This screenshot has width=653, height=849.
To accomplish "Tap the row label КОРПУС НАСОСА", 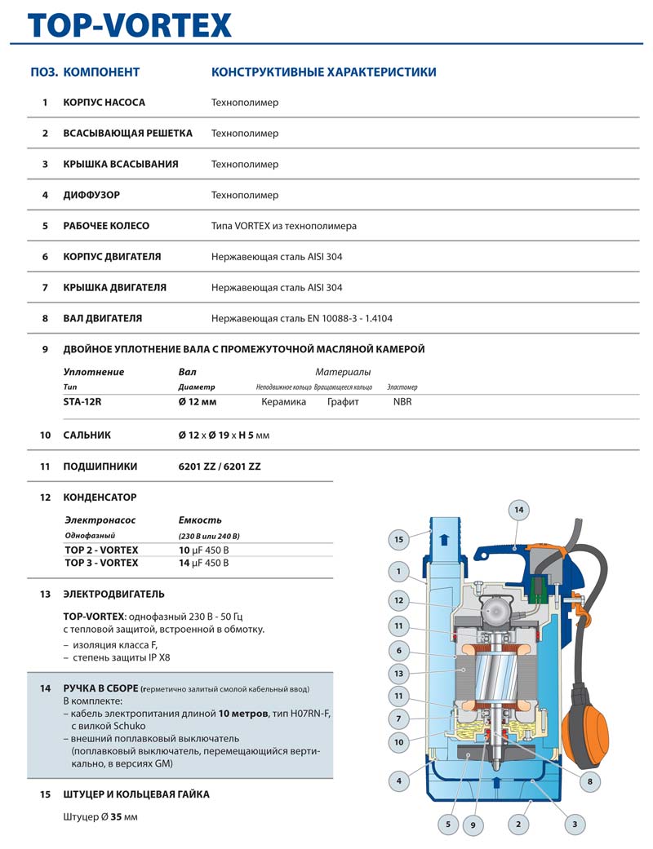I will click(104, 103).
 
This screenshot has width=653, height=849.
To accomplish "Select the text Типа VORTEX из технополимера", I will click(283, 226).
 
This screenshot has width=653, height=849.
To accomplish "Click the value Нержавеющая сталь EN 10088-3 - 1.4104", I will click(301, 318).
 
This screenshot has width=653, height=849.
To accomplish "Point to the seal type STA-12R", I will click(83, 401).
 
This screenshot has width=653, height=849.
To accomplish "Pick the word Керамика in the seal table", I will click(283, 401).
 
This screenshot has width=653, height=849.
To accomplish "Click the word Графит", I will click(343, 401).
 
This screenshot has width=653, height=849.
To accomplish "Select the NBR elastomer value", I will click(402, 401).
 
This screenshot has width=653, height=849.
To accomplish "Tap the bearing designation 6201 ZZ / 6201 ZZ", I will click(220, 467).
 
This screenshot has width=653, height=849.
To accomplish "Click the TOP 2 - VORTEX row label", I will click(101, 550).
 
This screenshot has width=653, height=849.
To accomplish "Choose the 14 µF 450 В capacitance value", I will click(204, 563).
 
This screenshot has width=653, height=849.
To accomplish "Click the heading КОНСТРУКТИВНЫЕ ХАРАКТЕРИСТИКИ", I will click(323, 72).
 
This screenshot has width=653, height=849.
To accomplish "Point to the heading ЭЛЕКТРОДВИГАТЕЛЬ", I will click(113, 594).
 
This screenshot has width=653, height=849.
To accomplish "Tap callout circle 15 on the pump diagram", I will click(399, 539).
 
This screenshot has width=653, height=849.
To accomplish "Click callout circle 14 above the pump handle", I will click(518, 510).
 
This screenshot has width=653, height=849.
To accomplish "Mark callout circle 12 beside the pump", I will click(399, 601).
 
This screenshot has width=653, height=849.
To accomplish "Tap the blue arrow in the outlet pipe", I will click(444, 539).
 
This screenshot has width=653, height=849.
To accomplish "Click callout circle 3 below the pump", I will click(575, 825).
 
